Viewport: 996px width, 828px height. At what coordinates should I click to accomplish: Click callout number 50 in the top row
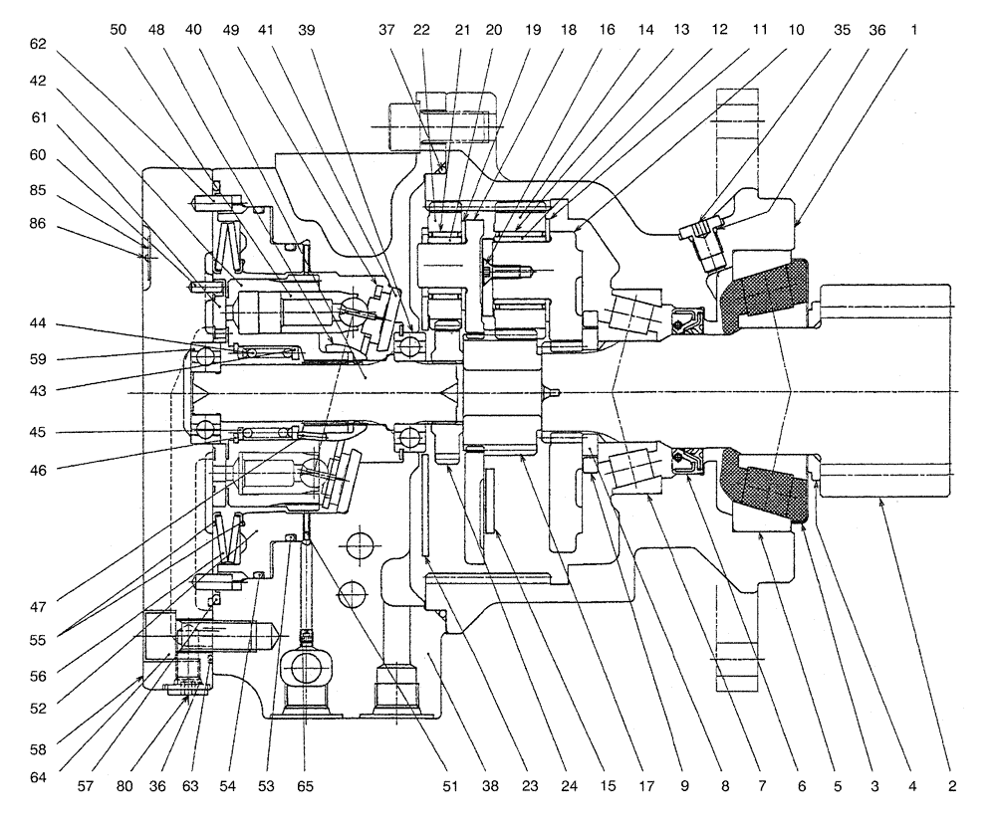(118, 30)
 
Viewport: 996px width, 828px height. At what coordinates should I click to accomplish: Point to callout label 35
(842, 30)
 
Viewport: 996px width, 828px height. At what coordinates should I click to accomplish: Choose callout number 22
(421, 30)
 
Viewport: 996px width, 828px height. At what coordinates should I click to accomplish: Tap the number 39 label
(306, 30)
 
